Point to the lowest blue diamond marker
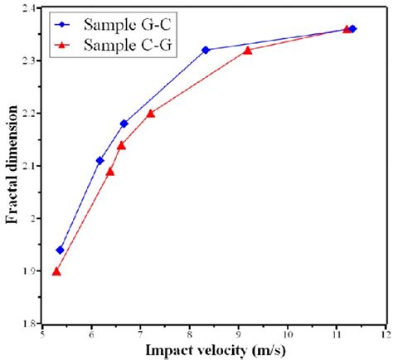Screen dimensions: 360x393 [60, 250]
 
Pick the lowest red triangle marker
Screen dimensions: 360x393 [56, 271]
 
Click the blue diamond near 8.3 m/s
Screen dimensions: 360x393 [206, 50]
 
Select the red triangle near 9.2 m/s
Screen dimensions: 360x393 [248, 51]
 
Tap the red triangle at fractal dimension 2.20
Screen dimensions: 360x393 [150, 114]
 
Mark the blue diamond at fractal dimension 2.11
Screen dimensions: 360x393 [100, 160]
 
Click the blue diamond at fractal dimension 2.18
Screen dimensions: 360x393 [124, 124]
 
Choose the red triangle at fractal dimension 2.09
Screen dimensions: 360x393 [110, 172]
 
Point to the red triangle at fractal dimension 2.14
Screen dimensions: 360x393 [121, 145]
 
